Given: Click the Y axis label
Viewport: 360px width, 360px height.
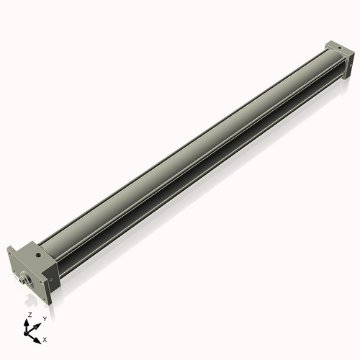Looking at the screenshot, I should tap(45, 319).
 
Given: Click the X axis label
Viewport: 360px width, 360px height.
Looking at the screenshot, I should tap(45, 338).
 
